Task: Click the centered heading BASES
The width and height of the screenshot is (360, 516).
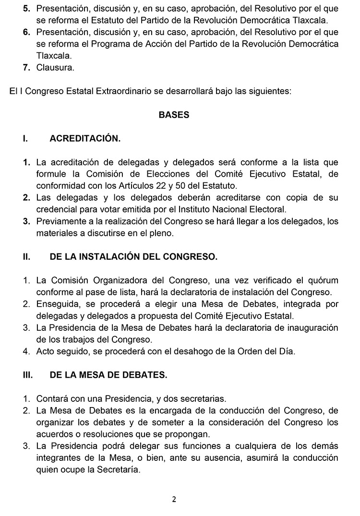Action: [x=174, y=115]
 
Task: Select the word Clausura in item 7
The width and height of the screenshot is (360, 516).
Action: [x=55, y=68]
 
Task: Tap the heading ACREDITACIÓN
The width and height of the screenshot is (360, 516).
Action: [x=85, y=139]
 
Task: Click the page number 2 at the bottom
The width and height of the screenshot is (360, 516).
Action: [x=174, y=499]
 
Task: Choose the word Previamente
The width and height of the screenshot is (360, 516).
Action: [x=60, y=222]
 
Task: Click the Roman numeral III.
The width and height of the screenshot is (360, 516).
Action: [x=28, y=375]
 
